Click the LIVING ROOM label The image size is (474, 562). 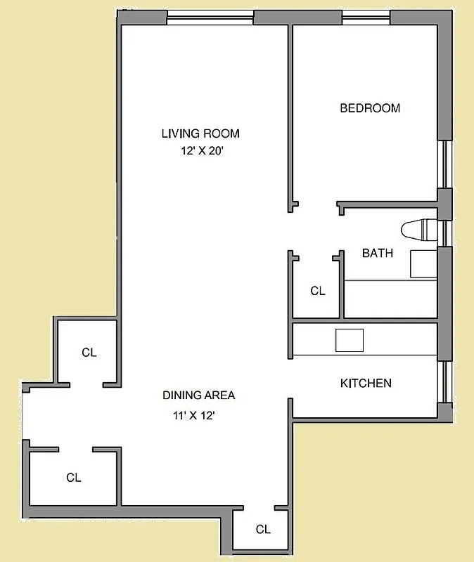[x=200, y=133]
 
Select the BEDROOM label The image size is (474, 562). [x=370, y=108]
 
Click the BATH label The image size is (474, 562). [x=377, y=253]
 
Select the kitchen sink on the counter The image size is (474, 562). [x=349, y=340]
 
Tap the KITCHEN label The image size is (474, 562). [x=366, y=384]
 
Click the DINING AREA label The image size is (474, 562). [x=199, y=396]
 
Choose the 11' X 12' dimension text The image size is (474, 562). [x=193, y=415]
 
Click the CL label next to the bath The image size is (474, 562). [x=318, y=291]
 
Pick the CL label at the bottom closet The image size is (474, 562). [x=263, y=530]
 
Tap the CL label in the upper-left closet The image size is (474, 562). [x=89, y=353]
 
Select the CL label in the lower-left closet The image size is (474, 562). [x=74, y=478]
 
